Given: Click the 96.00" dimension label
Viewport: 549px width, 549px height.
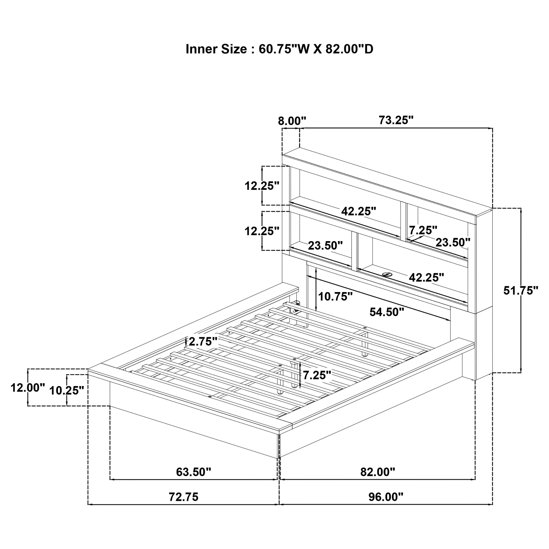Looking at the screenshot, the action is point(386,497).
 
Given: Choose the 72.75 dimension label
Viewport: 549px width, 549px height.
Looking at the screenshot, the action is point(184,497).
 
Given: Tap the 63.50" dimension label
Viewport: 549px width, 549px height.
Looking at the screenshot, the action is point(193,472).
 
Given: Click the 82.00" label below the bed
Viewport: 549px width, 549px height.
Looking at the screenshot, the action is point(378,472).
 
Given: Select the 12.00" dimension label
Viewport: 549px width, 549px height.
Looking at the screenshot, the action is point(28,388).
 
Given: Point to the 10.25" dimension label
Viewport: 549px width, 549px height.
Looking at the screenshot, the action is point(67,390).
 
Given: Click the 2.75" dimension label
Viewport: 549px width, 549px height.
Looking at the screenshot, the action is point(203,341).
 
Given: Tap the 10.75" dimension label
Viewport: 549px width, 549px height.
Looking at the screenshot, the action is point(335,297).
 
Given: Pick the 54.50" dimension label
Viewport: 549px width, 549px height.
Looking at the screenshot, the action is point(387,312).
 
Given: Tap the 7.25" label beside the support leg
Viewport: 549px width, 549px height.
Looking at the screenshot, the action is point(317,375).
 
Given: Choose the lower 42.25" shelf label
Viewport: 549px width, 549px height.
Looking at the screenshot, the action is point(426,277).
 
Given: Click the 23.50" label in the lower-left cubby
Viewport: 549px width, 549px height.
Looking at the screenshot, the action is point(325,245).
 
